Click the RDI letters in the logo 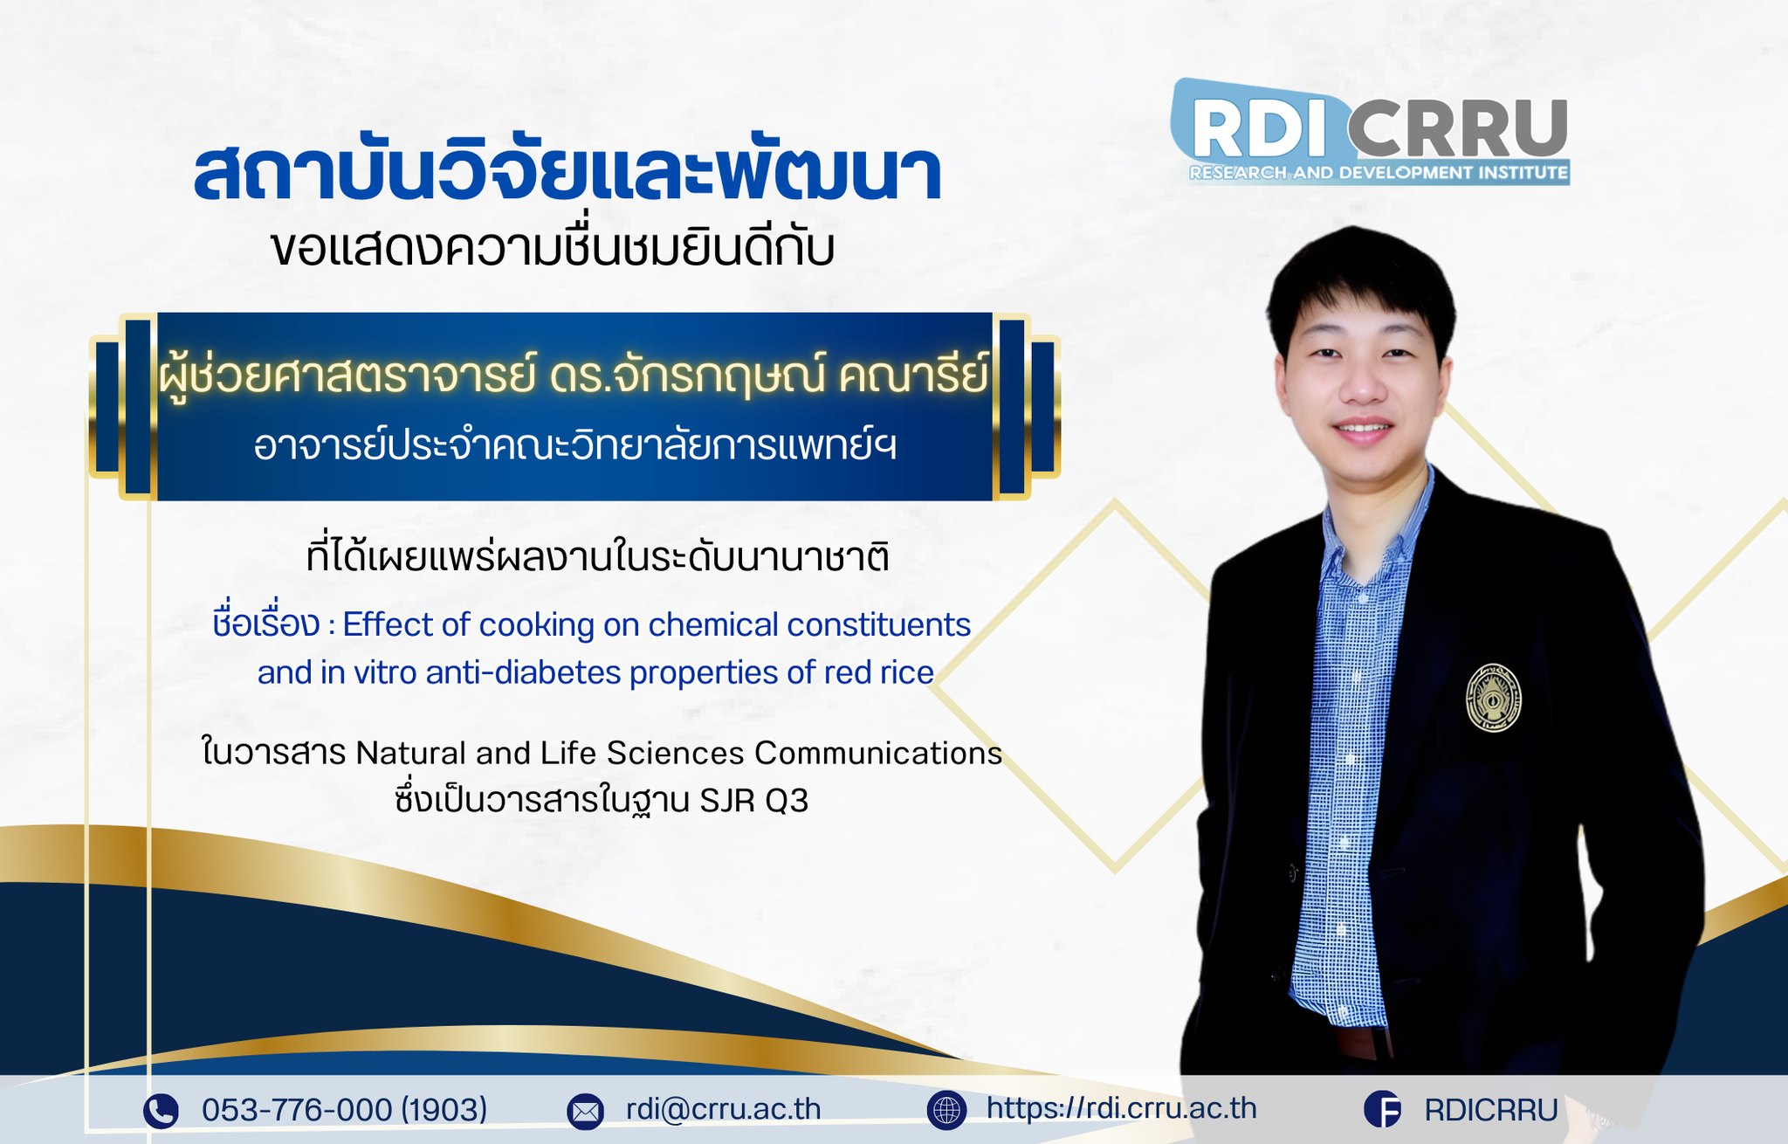pyautogui.click(x=1262, y=127)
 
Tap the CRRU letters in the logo pyautogui.click(x=1457, y=127)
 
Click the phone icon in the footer pyautogui.click(x=161, y=1111)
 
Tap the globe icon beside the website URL pyautogui.click(x=946, y=1110)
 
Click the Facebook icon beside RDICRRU pyautogui.click(x=1382, y=1110)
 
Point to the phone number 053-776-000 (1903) pyautogui.click(x=344, y=1110)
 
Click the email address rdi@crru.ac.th pyautogui.click(x=723, y=1109)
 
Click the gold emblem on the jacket pyautogui.click(x=1493, y=697)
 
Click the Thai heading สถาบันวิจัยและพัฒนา pyautogui.click(x=567, y=174)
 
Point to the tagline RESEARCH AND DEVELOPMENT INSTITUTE pyautogui.click(x=1379, y=173)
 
